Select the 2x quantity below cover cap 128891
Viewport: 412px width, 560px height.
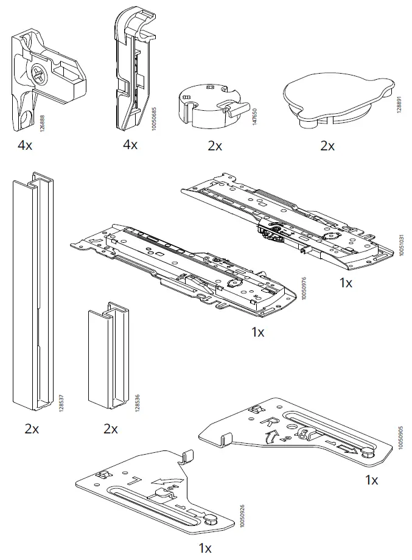coord(327,146)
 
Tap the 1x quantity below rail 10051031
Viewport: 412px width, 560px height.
coord(346,283)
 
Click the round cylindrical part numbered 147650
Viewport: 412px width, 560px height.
coord(207,104)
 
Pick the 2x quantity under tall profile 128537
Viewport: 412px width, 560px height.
coord(32,429)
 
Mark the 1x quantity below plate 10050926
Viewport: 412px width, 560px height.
coord(205,548)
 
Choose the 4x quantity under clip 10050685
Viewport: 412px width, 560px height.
coord(130,145)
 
